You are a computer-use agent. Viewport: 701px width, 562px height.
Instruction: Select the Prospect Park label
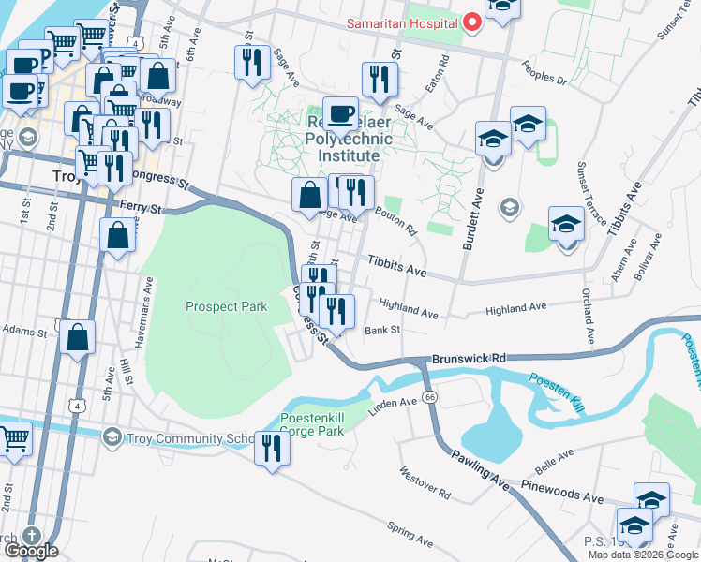tap(226, 306)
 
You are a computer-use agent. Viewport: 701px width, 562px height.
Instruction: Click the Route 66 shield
tap(429, 397)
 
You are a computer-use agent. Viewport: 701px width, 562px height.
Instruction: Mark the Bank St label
tap(382, 330)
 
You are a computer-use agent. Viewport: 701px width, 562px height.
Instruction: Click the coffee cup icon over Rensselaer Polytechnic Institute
tap(340, 113)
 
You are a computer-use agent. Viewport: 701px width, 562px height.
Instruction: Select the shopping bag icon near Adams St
tap(78, 337)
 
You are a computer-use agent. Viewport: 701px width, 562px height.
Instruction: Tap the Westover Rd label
tap(425, 482)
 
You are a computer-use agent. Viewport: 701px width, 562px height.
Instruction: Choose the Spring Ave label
tap(410, 536)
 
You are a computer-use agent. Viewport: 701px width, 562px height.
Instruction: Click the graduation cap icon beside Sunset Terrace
tap(566, 225)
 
